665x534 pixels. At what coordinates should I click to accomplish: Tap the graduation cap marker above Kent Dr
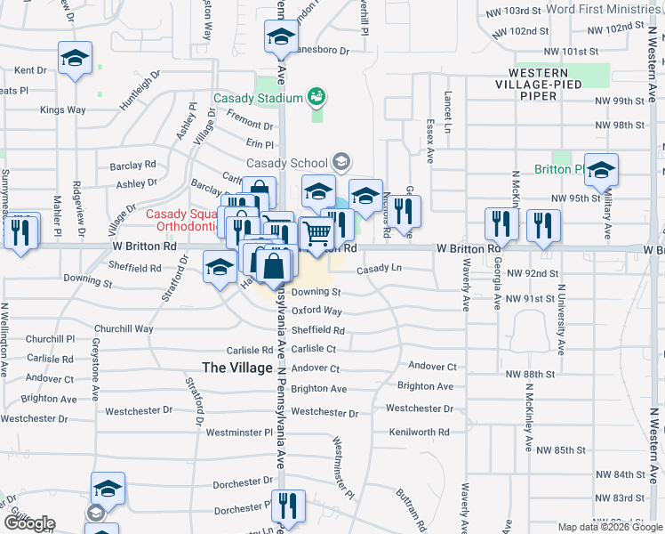(76, 59)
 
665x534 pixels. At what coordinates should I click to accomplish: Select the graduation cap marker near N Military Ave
(602, 170)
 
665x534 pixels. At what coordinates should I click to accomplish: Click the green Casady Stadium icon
(315, 95)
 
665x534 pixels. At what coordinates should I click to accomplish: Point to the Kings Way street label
(63, 110)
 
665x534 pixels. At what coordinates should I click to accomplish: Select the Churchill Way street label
(124, 328)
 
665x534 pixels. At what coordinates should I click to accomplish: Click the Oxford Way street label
(316, 311)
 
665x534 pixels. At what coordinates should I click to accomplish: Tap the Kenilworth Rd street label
(419, 433)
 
